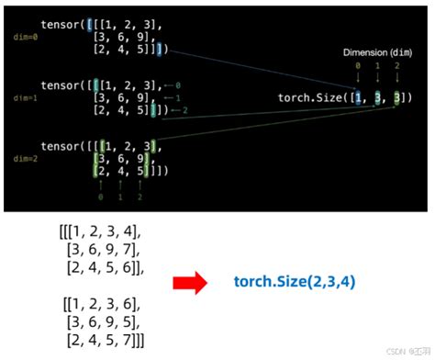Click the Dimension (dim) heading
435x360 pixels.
(377, 52)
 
